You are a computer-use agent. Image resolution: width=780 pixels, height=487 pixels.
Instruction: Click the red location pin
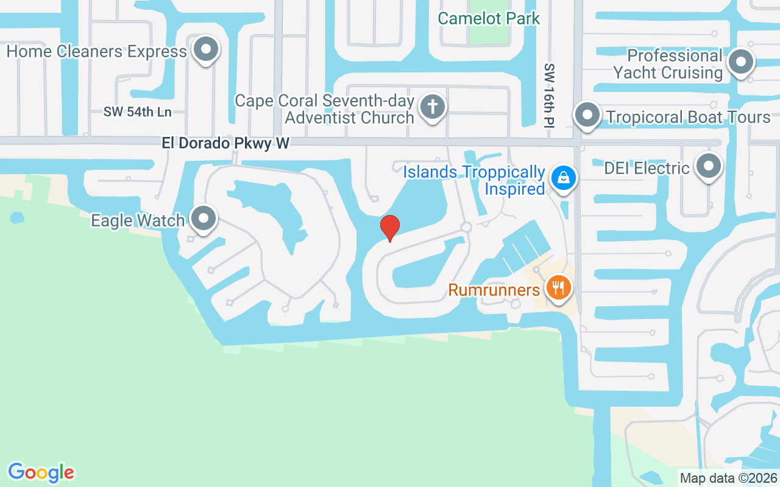coord(390,228)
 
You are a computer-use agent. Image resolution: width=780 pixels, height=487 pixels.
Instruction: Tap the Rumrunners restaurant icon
coord(558,287)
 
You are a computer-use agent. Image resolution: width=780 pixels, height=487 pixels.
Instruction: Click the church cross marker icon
coord(433,107)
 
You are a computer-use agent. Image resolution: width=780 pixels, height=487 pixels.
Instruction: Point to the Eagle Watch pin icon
coord(204,218)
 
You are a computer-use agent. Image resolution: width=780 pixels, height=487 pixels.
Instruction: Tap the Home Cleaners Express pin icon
coord(206,49)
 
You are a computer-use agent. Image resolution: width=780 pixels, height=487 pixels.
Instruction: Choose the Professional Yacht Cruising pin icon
coord(741,61)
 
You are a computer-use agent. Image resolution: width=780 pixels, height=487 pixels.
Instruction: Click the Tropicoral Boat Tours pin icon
coord(587,114)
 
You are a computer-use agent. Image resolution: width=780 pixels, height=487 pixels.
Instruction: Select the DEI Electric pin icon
coord(708,166)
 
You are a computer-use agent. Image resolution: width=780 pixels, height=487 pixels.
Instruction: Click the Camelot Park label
coord(489,18)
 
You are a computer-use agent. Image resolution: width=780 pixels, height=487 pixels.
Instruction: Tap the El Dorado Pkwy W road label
coord(225,143)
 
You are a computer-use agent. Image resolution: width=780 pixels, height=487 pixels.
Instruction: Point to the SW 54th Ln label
coord(137,111)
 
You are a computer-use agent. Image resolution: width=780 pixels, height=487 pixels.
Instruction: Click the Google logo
coord(41,472)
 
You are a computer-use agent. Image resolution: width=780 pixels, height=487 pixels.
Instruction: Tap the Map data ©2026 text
coord(728,478)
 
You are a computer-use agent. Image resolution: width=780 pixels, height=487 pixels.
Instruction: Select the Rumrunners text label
coord(494,290)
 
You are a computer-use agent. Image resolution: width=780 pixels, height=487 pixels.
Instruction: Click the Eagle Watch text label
coord(138,220)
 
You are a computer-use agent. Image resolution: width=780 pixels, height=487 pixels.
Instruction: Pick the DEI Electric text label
coord(647,168)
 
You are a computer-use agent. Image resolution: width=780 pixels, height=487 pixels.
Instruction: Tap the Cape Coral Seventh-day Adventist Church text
coord(325,109)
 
